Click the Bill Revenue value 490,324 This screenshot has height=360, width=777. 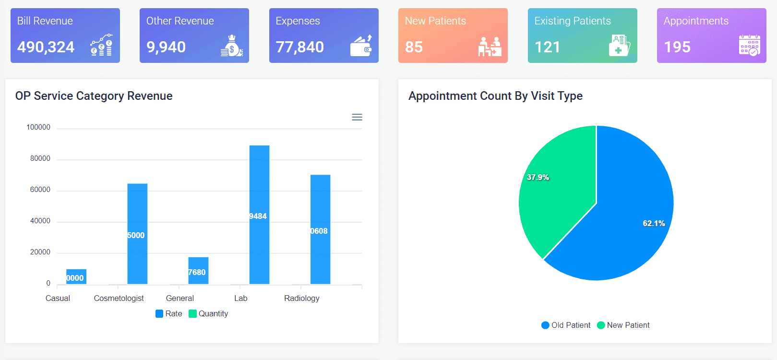point(46,47)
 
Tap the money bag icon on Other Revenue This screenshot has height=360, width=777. point(232,46)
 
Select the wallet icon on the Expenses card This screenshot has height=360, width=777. point(361,46)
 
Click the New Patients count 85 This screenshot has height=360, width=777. point(414,47)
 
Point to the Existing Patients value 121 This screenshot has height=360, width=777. point(547,47)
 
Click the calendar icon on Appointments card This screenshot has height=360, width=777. point(749,46)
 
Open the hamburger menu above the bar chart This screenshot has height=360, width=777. point(357,117)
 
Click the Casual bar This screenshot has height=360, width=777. point(76,276)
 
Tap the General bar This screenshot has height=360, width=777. point(198,271)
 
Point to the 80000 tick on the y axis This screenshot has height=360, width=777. point(40,158)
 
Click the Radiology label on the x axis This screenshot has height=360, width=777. point(301,298)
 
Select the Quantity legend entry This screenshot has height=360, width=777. point(209,313)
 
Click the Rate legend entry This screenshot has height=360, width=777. point(169,313)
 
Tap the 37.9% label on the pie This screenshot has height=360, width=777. point(538,177)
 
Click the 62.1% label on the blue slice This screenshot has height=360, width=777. point(654,223)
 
